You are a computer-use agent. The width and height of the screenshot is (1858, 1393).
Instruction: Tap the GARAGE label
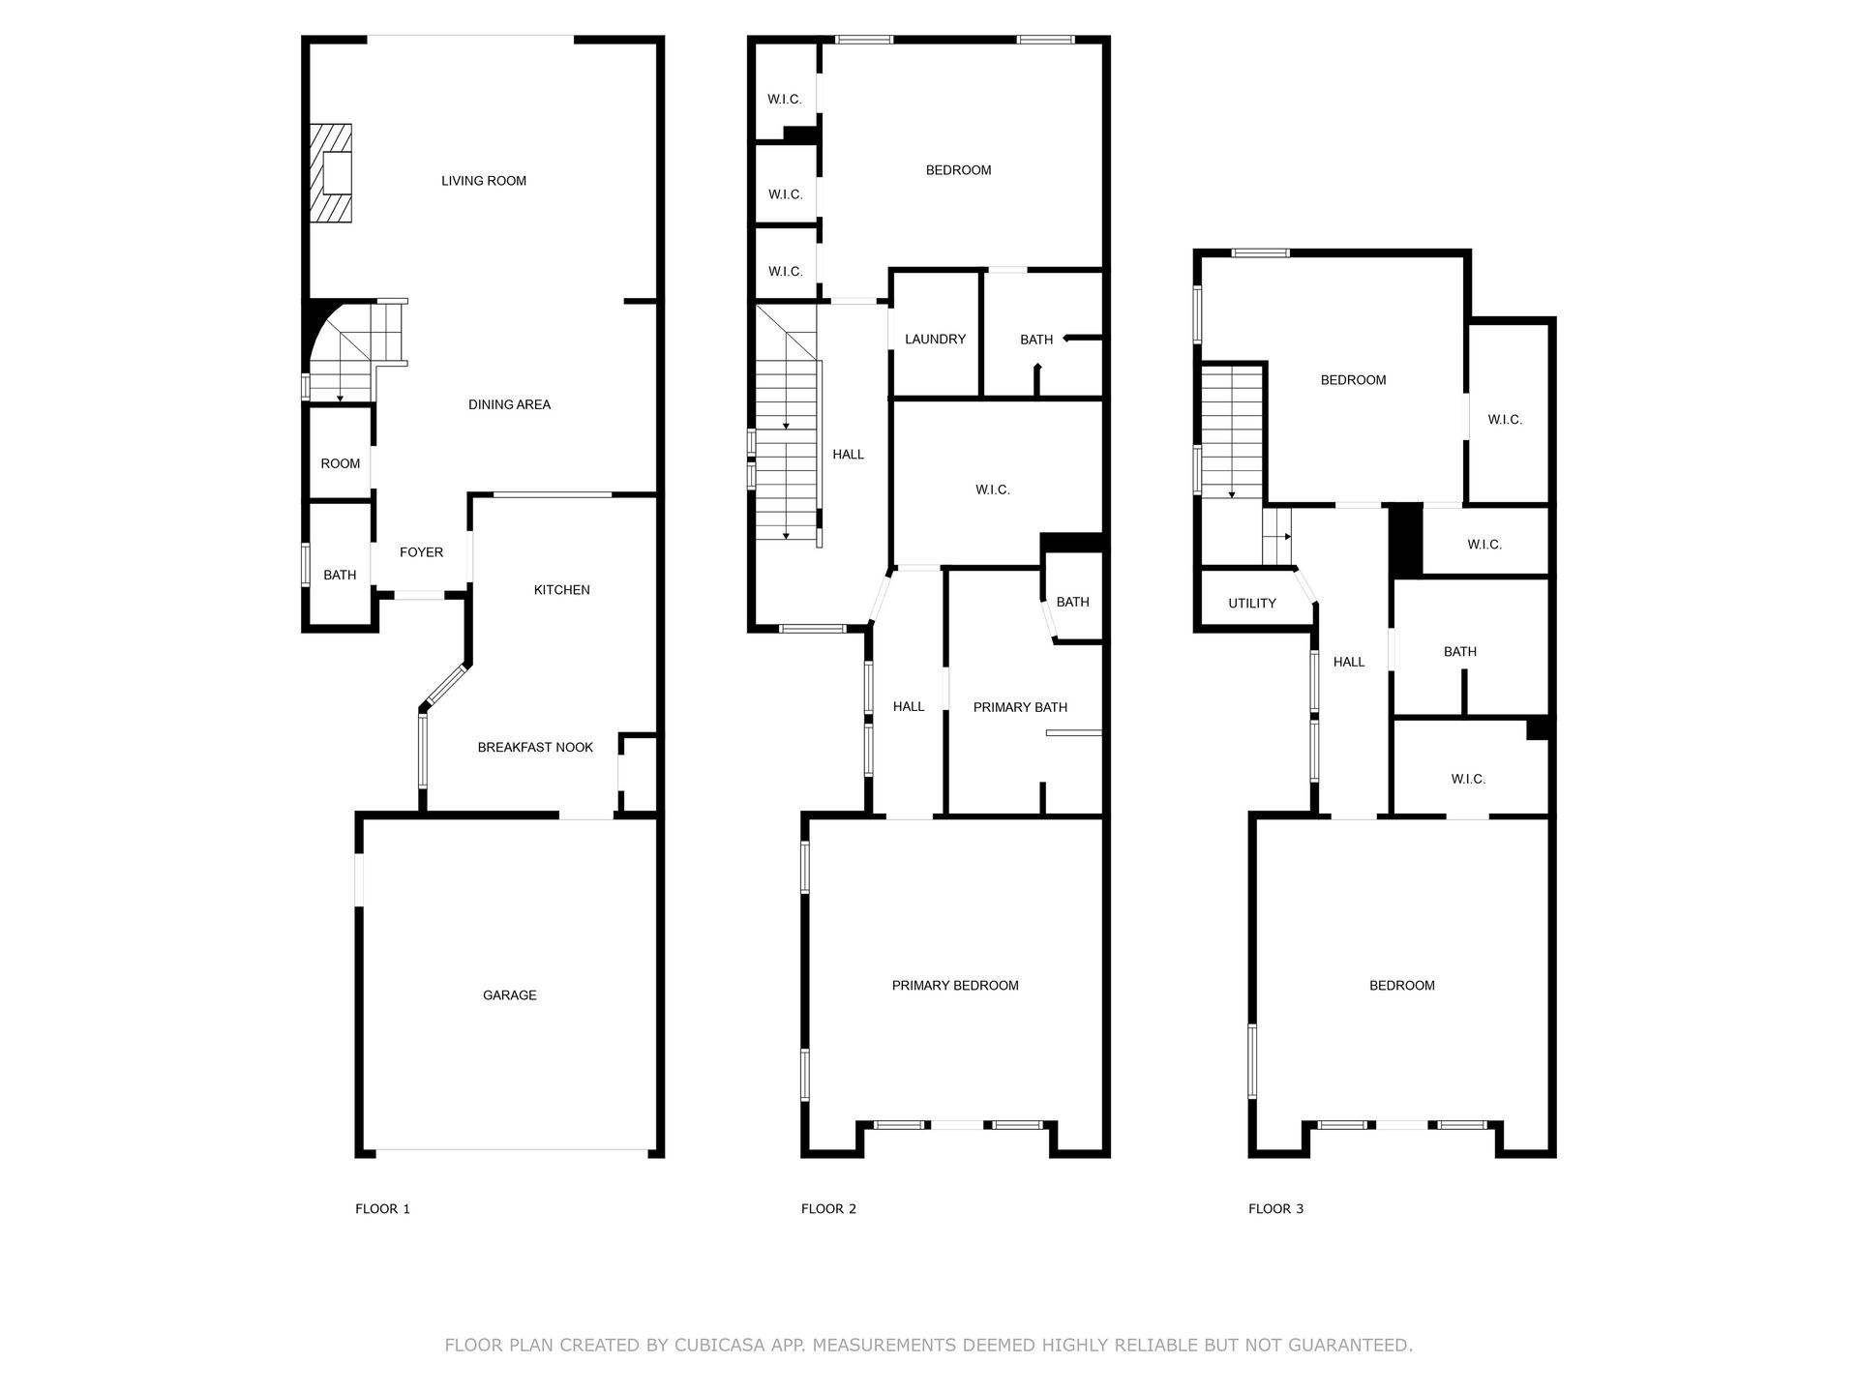click(x=510, y=995)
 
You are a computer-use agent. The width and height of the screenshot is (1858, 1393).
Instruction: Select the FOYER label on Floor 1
click(x=422, y=552)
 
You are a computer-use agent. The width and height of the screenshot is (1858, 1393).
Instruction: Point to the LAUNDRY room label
click(x=935, y=340)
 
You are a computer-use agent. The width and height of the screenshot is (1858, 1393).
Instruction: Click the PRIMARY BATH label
click(x=1020, y=708)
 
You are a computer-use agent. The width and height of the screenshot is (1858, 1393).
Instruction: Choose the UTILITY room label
click(x=1252, y=604)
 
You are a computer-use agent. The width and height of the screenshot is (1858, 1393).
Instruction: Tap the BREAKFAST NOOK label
click(x=535, y=748)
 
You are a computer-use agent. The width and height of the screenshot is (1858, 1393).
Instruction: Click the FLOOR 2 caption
click(x=828, y=1209)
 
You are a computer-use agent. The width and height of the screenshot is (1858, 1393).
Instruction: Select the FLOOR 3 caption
click(x=1275, y=1209)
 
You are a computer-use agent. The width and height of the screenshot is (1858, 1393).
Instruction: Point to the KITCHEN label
click(x=562, y=590)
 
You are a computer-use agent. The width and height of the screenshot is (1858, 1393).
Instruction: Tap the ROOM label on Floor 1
click(x=341, y=464)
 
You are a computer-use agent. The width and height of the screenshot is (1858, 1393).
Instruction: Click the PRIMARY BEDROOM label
click(x=955, y=986)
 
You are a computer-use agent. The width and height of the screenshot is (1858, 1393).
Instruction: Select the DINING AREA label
click(x=509, y=405)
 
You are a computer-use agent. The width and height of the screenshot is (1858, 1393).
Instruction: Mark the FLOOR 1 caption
click(x=382, y=1209)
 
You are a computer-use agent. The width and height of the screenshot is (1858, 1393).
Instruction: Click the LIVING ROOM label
click(x=484, y=181)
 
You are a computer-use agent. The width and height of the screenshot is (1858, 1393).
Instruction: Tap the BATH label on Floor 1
click(x=340, y=576)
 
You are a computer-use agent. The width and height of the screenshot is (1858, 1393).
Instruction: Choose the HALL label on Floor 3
click(x=1349, y=663)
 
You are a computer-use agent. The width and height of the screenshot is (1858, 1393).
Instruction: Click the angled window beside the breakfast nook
click(x=446, y=686)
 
